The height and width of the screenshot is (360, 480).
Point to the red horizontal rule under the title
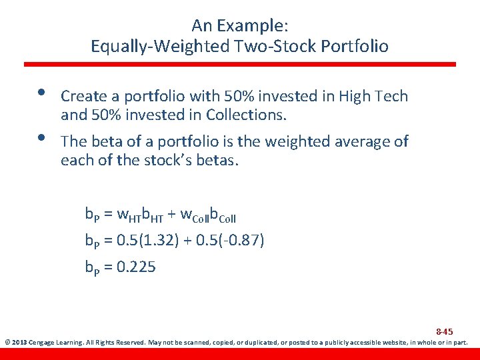coord(240,64)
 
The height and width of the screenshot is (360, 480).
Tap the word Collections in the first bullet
coord(246,115)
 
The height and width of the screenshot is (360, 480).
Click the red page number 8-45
coord(444,331)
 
